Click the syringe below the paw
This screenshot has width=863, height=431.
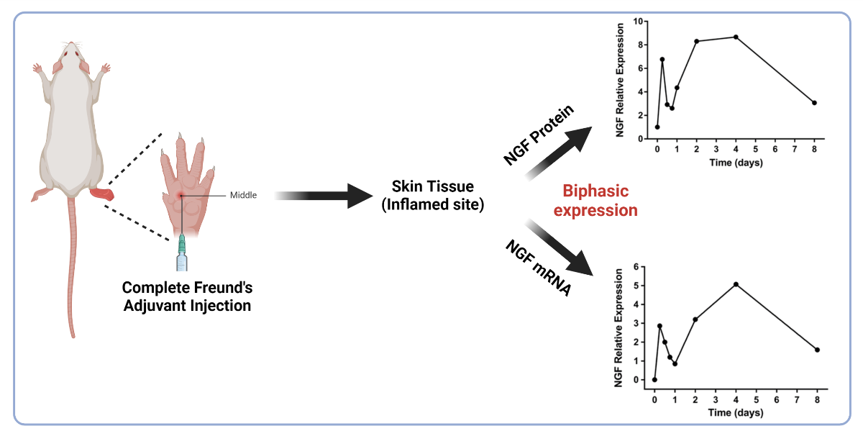pyautogui.click(x=183, y=252)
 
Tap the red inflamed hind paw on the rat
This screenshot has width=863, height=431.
pyautogui.click(x=101, y=194)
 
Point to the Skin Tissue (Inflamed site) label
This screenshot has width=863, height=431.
pyautogui.click(x=432, y=196)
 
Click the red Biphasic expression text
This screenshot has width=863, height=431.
pyautogui.click(x=600, y=201)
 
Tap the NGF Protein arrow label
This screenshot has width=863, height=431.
pyautogui.click(x=539, y=135)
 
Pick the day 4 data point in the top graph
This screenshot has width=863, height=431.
pyautogui.click(x=736, y=37)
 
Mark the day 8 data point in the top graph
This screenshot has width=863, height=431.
pyautogui.click(x=814, y=103)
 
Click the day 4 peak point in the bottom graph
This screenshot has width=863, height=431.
pyautogui.click(x=736, y=284)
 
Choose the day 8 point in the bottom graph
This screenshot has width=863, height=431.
pyautogui.click(x=817, y=350)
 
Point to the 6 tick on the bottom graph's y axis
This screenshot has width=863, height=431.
pyautogui.click(x=635, y=267)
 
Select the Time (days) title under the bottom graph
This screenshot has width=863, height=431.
pyautogui.click(x=734, y=412)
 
